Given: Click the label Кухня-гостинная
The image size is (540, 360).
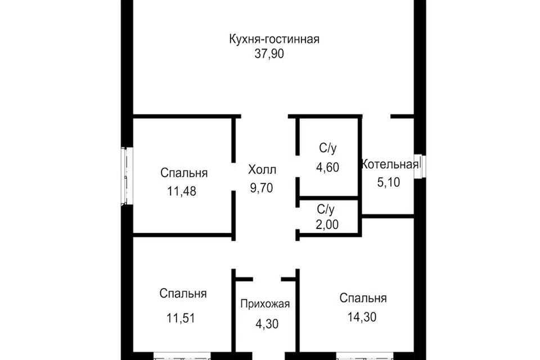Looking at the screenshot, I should [274, 39].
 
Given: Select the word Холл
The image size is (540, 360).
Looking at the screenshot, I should [263, 169].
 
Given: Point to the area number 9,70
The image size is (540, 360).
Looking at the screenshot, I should [262, 188].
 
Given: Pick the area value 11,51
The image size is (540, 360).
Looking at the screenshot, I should [181, 318].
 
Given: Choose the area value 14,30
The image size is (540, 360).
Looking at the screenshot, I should [362, 317].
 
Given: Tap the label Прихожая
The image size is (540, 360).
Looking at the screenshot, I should [265, 304].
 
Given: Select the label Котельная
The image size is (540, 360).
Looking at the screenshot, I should [390, 164].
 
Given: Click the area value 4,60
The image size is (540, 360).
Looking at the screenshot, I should [328, 168].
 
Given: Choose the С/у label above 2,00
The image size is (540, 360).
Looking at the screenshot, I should [326, 210].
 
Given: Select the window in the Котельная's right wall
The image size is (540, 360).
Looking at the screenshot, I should [419, 166].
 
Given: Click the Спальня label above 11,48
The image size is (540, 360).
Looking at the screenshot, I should [184, 173].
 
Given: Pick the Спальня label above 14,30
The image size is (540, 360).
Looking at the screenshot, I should [363, 298].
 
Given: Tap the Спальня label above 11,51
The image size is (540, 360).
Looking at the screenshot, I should [183, 294].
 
